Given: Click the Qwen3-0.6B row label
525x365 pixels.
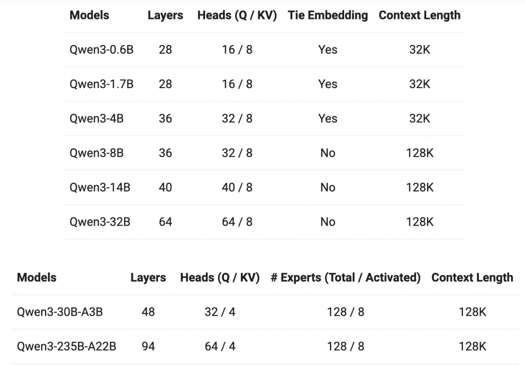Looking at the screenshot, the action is (102, 50).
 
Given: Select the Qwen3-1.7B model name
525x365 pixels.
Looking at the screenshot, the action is (102, 84).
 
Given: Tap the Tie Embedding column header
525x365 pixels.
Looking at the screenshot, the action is (328, 15).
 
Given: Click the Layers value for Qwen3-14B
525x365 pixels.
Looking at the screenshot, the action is (166, 187).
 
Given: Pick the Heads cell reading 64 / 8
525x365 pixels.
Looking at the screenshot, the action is (237, 222).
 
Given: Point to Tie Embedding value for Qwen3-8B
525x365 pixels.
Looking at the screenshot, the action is (328, 153).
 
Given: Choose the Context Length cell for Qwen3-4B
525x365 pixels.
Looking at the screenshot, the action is (419, 119).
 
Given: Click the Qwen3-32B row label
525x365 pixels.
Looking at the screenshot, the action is (100, 222).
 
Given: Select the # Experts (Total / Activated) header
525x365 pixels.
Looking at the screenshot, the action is (346, 278).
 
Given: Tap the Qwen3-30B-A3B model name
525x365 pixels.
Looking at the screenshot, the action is (59, 312).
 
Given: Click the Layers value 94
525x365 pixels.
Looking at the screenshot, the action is (148, 347).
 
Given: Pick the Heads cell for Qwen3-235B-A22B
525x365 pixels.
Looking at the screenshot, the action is (220, 347).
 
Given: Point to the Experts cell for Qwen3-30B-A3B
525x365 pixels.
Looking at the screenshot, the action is (346, 312).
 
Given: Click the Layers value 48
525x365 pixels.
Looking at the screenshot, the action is (148, 312).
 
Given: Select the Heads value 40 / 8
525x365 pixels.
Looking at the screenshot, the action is (237, 187).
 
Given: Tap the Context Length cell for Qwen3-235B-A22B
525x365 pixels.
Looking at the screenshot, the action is (472, 347).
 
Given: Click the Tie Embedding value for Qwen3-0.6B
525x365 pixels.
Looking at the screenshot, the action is (328, 50).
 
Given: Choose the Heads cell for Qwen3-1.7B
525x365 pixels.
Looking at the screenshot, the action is (237, 84).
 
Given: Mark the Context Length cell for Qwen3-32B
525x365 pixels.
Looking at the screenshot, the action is (419, 222).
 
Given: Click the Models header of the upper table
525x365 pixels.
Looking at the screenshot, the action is (89, 15).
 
